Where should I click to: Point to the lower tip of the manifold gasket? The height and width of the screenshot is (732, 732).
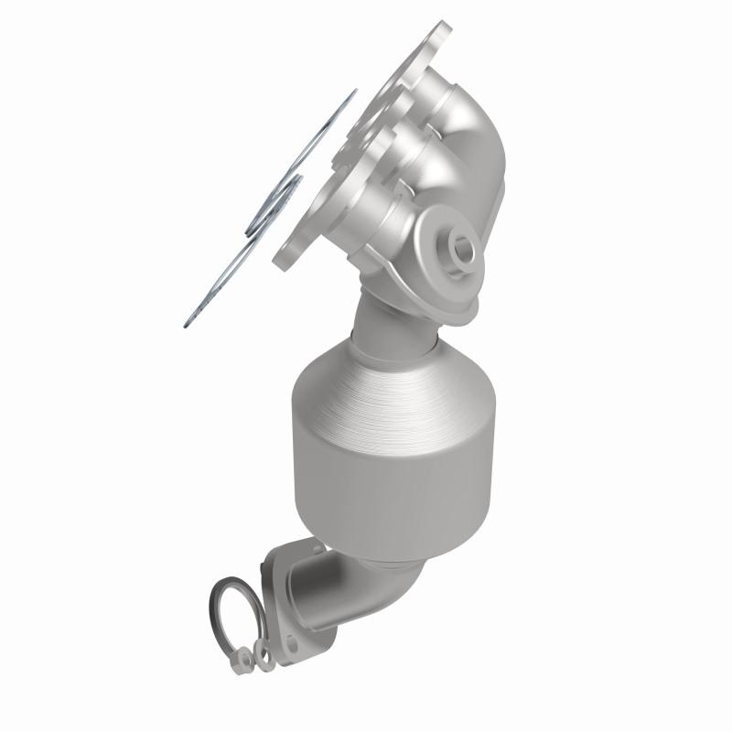tap(186, 321)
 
